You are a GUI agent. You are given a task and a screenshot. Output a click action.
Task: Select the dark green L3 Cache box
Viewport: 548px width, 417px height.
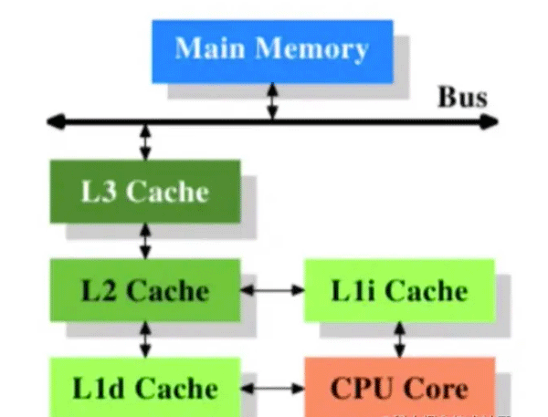144,192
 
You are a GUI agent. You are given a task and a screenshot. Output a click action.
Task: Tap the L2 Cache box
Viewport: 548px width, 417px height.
144,290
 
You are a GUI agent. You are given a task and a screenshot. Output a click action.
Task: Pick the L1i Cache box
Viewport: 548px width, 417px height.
398,290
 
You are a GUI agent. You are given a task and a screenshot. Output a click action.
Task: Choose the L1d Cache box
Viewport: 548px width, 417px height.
144,388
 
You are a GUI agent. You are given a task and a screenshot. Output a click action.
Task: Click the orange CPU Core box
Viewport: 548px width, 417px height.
398,388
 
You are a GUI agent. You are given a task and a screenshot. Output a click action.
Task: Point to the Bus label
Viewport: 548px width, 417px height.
463,97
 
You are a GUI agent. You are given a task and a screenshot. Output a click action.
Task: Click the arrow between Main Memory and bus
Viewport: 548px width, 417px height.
272,101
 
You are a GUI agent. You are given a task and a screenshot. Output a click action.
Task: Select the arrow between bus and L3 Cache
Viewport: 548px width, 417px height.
144,141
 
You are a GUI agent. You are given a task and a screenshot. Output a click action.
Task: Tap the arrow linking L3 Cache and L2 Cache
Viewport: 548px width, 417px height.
144,241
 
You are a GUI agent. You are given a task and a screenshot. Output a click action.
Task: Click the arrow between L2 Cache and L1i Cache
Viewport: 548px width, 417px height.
272,290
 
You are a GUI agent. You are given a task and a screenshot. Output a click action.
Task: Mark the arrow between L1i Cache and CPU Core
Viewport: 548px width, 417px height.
398,339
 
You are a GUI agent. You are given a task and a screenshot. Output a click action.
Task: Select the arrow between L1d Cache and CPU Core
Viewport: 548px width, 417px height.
272,389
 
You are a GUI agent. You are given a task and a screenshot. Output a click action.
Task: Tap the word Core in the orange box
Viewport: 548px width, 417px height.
437,388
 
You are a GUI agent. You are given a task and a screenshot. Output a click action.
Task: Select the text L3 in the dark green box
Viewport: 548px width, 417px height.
99,192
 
